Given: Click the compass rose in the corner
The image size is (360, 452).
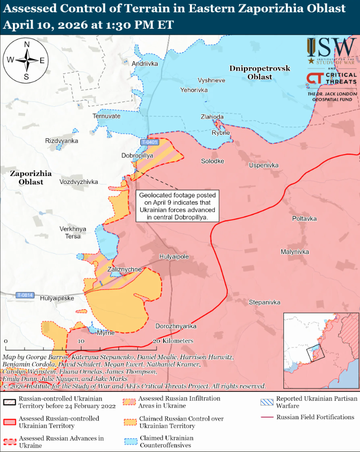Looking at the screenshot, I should tap(26, 61).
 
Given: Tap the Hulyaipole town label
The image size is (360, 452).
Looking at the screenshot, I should tap(174, 257).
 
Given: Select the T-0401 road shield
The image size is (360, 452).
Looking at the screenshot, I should tap(150, 142).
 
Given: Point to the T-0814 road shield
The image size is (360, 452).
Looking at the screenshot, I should tap(24, 295).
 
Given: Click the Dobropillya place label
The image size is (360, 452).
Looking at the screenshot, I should tap(137, 156).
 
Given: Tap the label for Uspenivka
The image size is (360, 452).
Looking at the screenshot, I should tap(264, 165).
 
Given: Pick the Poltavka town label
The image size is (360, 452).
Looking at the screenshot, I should tap(304, 219).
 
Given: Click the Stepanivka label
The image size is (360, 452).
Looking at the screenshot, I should tap(265, 302).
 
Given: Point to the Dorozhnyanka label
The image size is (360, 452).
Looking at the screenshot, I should tap(176, 326).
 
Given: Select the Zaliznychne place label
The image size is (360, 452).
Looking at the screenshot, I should tap(125, 270).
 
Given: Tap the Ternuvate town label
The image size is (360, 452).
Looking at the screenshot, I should tap(106, 116).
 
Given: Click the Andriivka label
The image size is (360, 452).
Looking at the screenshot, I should tap(144, 64).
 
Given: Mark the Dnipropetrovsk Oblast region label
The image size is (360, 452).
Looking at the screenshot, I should tap(260, 73).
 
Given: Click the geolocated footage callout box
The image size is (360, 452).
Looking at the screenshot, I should tap(178, 206).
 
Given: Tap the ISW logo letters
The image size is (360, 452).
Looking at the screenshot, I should tap(331, 48).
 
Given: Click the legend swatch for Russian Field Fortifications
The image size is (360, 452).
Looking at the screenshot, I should tap(267, 417).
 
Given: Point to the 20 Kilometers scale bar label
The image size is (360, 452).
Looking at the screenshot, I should tap(173, 341).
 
